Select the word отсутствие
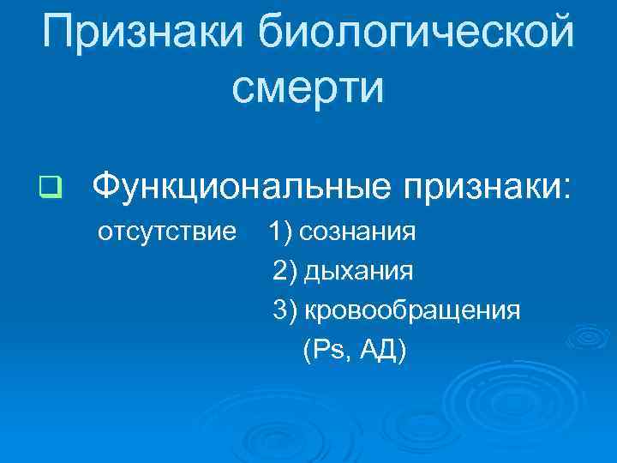[x=167, y=231]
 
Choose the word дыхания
[x=359, y=272]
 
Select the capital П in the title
[x=57, y=32]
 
